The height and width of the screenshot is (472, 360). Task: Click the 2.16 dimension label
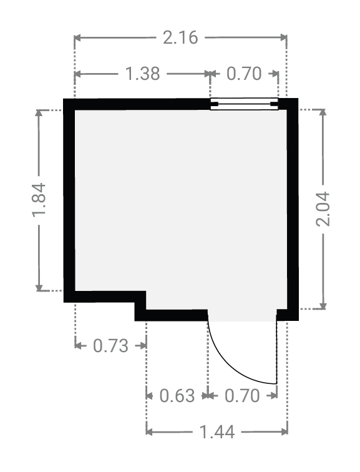point(180,37)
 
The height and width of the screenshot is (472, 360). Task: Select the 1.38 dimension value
point(142,74)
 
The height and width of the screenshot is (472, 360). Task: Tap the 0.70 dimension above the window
point(244,74)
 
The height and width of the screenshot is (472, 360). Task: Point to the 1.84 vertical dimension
point(39,200)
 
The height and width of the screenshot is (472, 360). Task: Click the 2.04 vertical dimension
point(323,209)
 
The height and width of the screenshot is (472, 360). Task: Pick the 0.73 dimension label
point(110,346)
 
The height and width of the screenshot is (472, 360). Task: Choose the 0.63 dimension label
point(177,396)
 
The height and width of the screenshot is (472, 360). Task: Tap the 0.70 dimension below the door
point(242,396)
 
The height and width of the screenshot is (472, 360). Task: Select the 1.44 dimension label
point(217,432)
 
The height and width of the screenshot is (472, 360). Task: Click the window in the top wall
point(244,104)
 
